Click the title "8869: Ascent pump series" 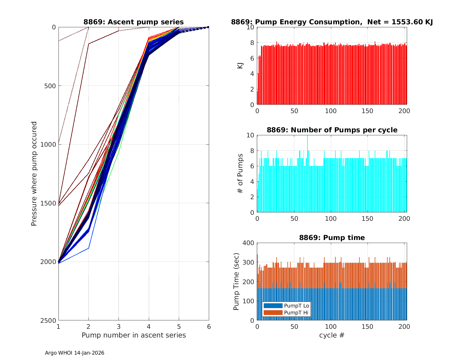tap(133, 22)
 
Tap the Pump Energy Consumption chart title tap(332, 22)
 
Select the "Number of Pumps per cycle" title tap(332, 130)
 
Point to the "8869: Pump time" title tap(332, 238)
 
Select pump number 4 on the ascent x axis tap(149, 326)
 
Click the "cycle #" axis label tap(332, 335)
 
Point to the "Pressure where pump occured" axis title tap(34, 174)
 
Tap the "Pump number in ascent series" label tap(133, 335)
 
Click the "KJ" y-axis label tap(240, 66)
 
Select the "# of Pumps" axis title tap(240, 174)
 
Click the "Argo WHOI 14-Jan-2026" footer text tap(74, 353)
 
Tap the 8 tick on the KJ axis tap(251, 43)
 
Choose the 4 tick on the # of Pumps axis tap(251, 181)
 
